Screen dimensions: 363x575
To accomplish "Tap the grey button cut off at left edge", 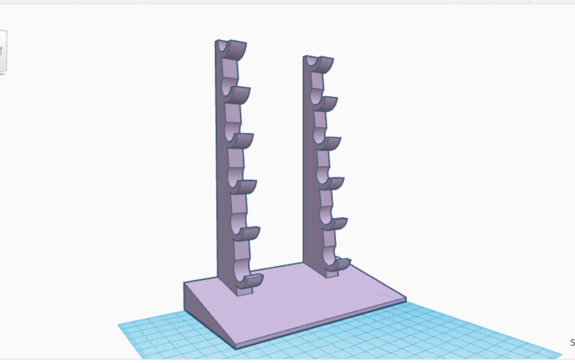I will (3, 51).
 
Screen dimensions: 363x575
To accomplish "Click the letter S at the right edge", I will (572, 343).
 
